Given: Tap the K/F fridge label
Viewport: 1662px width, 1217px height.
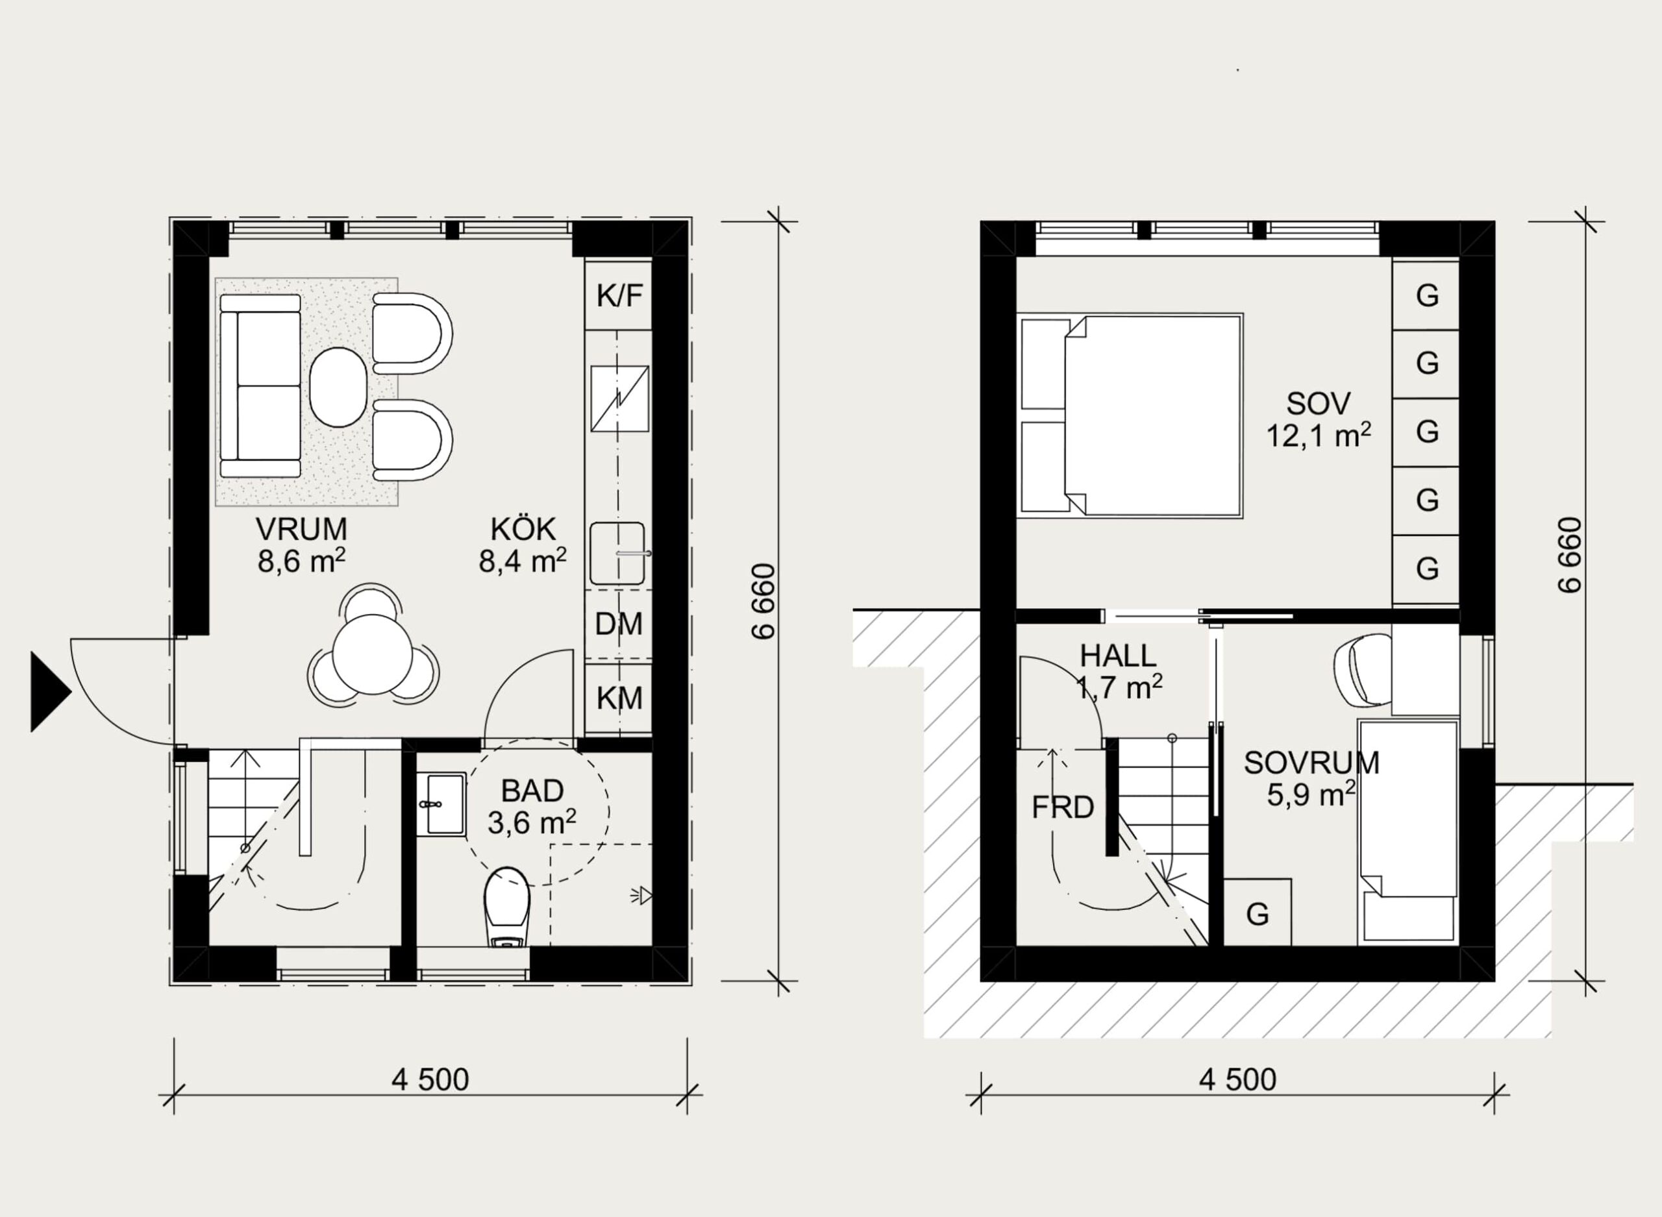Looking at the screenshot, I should click(x=619, y=296).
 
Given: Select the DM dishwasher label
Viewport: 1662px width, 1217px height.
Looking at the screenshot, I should click(x=618, y=624).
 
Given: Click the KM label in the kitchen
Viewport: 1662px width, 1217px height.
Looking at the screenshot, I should click(x=619, y=698).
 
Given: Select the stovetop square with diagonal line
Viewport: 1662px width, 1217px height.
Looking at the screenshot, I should click(x=619, y=399).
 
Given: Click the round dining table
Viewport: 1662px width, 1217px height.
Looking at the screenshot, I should click(x=372, y=655).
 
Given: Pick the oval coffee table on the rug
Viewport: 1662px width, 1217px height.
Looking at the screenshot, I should click(x=338, y=386).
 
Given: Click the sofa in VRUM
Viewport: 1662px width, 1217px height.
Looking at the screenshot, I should click(x=260, y=386).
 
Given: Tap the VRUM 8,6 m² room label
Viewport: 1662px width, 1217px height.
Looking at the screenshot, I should click(x=301, y=545).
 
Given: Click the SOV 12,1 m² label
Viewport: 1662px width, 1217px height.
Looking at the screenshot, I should click(x=1318, y=420).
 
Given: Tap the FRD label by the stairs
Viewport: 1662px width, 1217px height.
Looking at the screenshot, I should click(x=1062, y=808).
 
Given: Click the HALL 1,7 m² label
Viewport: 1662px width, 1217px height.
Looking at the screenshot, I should click(x=1119, y=671).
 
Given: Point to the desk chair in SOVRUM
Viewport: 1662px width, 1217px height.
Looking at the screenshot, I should click(x=1361, y=670).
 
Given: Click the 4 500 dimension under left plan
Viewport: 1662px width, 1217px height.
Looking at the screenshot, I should click(x=430, y=1080).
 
